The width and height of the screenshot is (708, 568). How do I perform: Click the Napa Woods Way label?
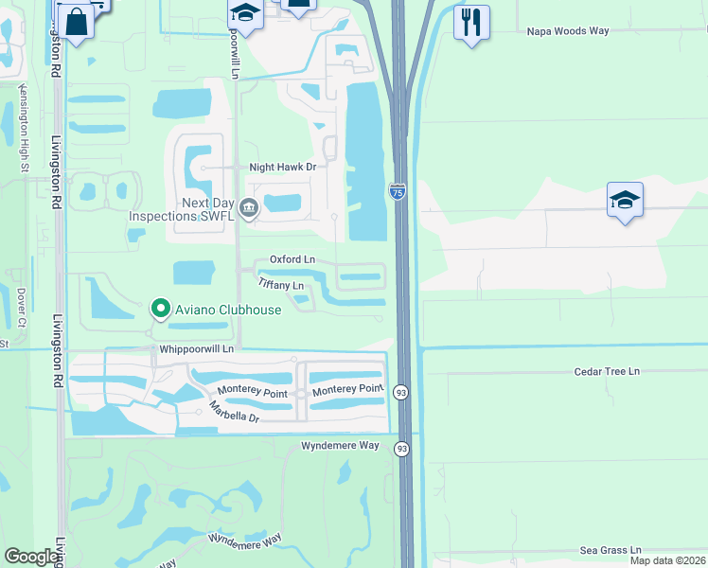click(x=567, y=31)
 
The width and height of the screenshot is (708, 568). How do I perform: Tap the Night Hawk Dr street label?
click(x=281, y=168)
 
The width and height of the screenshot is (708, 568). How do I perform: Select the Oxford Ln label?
click(x=292, y=259)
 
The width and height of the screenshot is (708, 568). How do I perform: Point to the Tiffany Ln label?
click(x=281, y=284)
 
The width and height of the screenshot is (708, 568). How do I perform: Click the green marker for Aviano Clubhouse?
click(x=161, y=308)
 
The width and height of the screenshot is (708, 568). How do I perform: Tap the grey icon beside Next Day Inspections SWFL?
click(x=248, y=207)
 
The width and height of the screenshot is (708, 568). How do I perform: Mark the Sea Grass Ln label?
click(x=610, y=550)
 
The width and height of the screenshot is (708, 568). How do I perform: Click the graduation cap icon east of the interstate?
click(x=625, y=200)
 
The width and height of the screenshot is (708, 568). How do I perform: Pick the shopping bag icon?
click(x=75, y=18)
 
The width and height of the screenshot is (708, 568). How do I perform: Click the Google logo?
click(x=31, y=557)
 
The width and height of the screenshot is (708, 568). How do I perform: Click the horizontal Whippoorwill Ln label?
click(x=195, y=348)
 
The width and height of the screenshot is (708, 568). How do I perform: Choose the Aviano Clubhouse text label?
click(x=227, y=311)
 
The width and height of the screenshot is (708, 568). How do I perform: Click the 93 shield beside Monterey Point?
click(x=401, y=392)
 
